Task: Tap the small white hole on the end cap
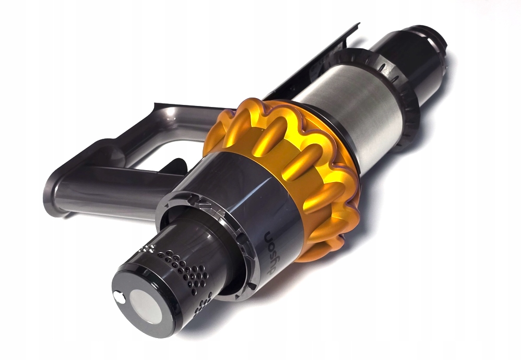point(119,298)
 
